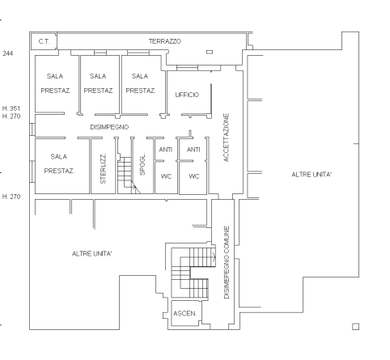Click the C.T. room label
pyautogui.click(x=42, y=40)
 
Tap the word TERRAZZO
pyautogui.click(x=164, y=40)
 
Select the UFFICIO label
pyautogui.click(x=187, y=95)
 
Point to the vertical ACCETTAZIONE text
pyautogui.click(x=227, y=138)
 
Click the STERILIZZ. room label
pyautogui.click(x=103, y=169)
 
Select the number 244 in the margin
pyautogui.click(x=8, y=53)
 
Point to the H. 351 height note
pyautogui.click(x=11, y=108)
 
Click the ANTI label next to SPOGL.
pyautogui.click(x=166, y=150)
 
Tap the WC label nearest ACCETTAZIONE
pyautogui.click(x=194, y=176)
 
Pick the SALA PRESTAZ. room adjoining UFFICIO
pyautogui.click(x=141, y=83)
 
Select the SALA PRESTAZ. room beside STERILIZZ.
pyautogui.click(x=58, y=163)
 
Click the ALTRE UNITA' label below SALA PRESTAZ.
pyautogui.click(x=92, y=254)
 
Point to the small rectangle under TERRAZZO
pyautogui.click(x=209, y=51)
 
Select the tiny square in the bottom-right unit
pyautogui.click(x=355, y=327)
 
